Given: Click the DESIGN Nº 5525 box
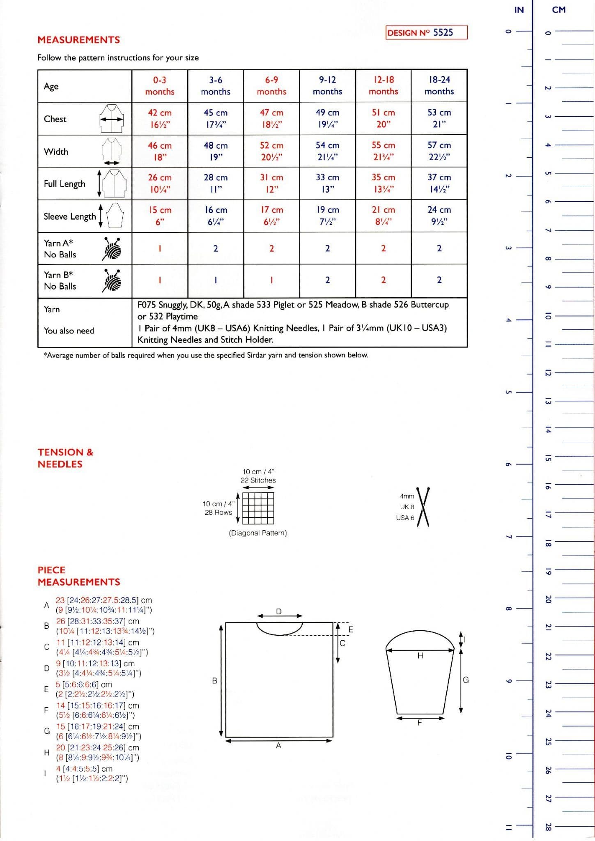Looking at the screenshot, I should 426,32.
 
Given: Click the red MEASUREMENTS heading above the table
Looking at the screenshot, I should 79,40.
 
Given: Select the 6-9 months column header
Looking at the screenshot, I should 271,85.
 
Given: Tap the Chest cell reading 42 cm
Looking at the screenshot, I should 160,118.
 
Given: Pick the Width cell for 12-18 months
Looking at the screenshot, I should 383,151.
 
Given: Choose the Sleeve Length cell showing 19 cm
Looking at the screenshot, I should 327,216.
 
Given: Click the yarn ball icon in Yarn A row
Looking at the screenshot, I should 112,248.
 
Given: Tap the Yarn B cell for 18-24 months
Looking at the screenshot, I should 439,280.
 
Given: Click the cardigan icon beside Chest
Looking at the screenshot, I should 111,118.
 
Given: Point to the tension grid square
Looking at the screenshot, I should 258,508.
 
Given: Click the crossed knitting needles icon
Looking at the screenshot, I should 423,507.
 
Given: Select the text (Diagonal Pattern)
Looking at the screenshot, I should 258,533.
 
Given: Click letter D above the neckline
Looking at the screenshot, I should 279,611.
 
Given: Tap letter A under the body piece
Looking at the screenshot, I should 278,746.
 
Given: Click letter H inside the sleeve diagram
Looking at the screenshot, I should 420,656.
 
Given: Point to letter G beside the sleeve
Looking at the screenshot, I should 466,680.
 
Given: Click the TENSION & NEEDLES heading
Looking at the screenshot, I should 65,458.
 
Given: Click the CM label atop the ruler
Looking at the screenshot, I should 558,10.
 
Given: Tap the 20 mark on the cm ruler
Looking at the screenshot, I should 548,600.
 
